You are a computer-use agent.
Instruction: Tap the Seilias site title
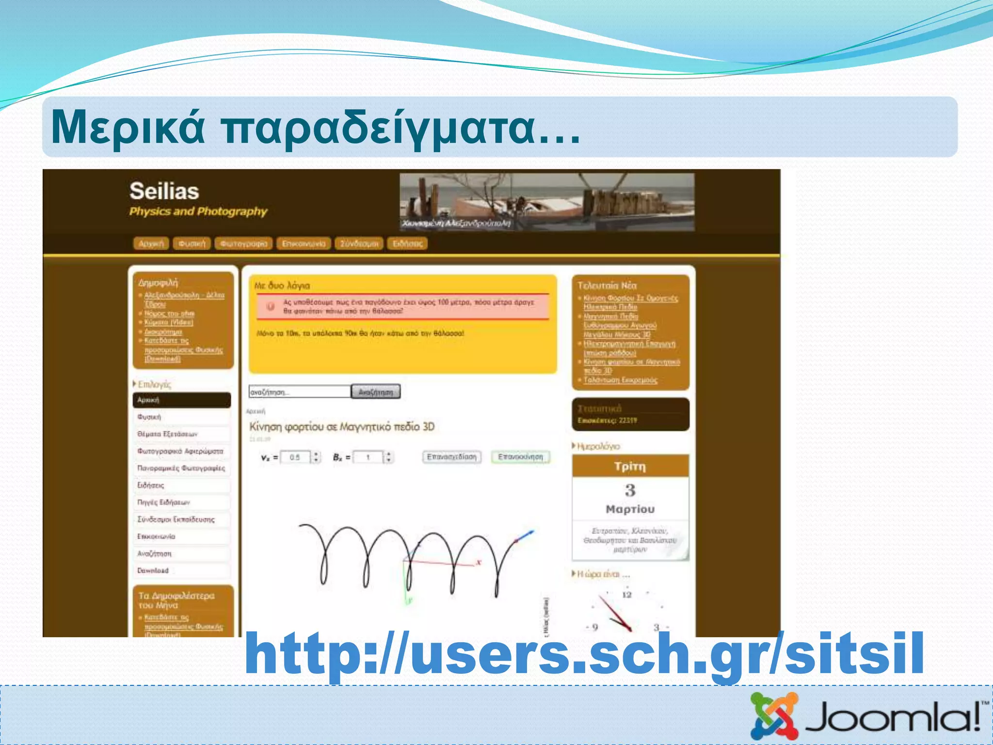pos(164,191)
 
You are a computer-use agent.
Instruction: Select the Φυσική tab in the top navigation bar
pos(192,243)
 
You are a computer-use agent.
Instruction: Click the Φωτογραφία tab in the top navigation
pos(244,243)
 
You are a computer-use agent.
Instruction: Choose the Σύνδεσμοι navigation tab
pos(359,243)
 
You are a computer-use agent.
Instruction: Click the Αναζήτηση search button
pos(376,392)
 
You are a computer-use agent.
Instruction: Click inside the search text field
pos(300,392)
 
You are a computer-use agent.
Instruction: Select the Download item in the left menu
pos(153,570)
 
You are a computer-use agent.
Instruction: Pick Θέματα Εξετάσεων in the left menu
pos(167,434)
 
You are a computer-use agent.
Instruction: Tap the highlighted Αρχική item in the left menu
pos(181,400)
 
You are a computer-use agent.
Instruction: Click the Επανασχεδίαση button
pos(452,457)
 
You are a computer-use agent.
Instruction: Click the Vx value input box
pos(295,457)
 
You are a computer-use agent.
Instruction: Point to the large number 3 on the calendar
pos(630,490)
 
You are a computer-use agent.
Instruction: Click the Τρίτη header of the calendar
pos(630,466)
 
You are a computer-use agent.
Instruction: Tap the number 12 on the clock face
pos(627,595)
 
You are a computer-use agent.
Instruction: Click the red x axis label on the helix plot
pos(479,562)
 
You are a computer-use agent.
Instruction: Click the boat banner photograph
pos(547,202)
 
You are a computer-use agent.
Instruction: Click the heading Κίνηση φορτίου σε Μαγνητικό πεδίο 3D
pos(342,427)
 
